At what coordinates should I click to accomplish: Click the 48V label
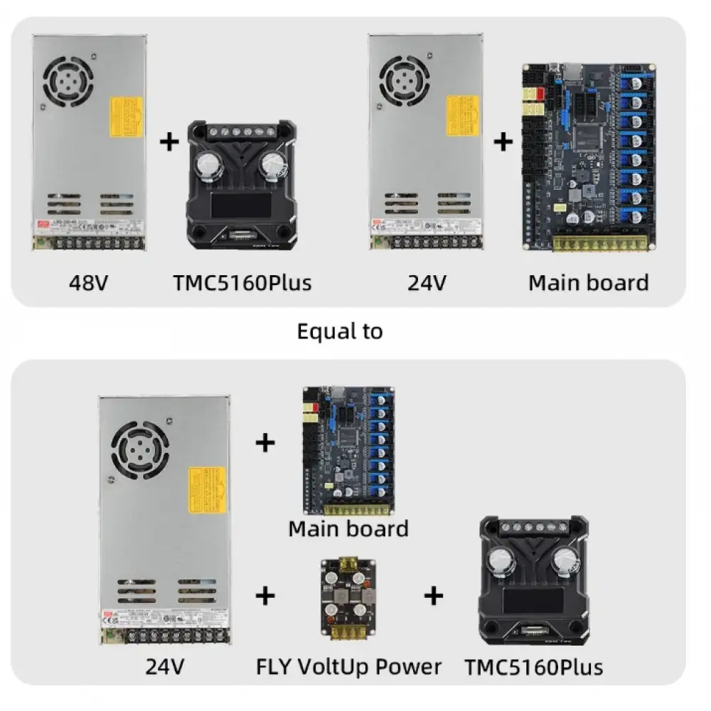[89, 282]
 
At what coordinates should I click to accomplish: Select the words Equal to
[340, 331]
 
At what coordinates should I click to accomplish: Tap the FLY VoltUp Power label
[348, 667]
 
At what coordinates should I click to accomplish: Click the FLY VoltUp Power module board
[348, 597]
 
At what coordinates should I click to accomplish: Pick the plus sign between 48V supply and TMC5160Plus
[169, 142]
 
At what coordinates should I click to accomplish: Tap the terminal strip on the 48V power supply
[89, 243]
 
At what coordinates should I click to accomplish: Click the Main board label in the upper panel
[588, 282]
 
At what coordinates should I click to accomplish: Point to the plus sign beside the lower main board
[264, 444]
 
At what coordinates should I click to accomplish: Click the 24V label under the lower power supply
[165, 667]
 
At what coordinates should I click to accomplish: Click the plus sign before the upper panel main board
[503, 142]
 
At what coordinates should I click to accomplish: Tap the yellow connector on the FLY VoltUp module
[348, 561]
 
